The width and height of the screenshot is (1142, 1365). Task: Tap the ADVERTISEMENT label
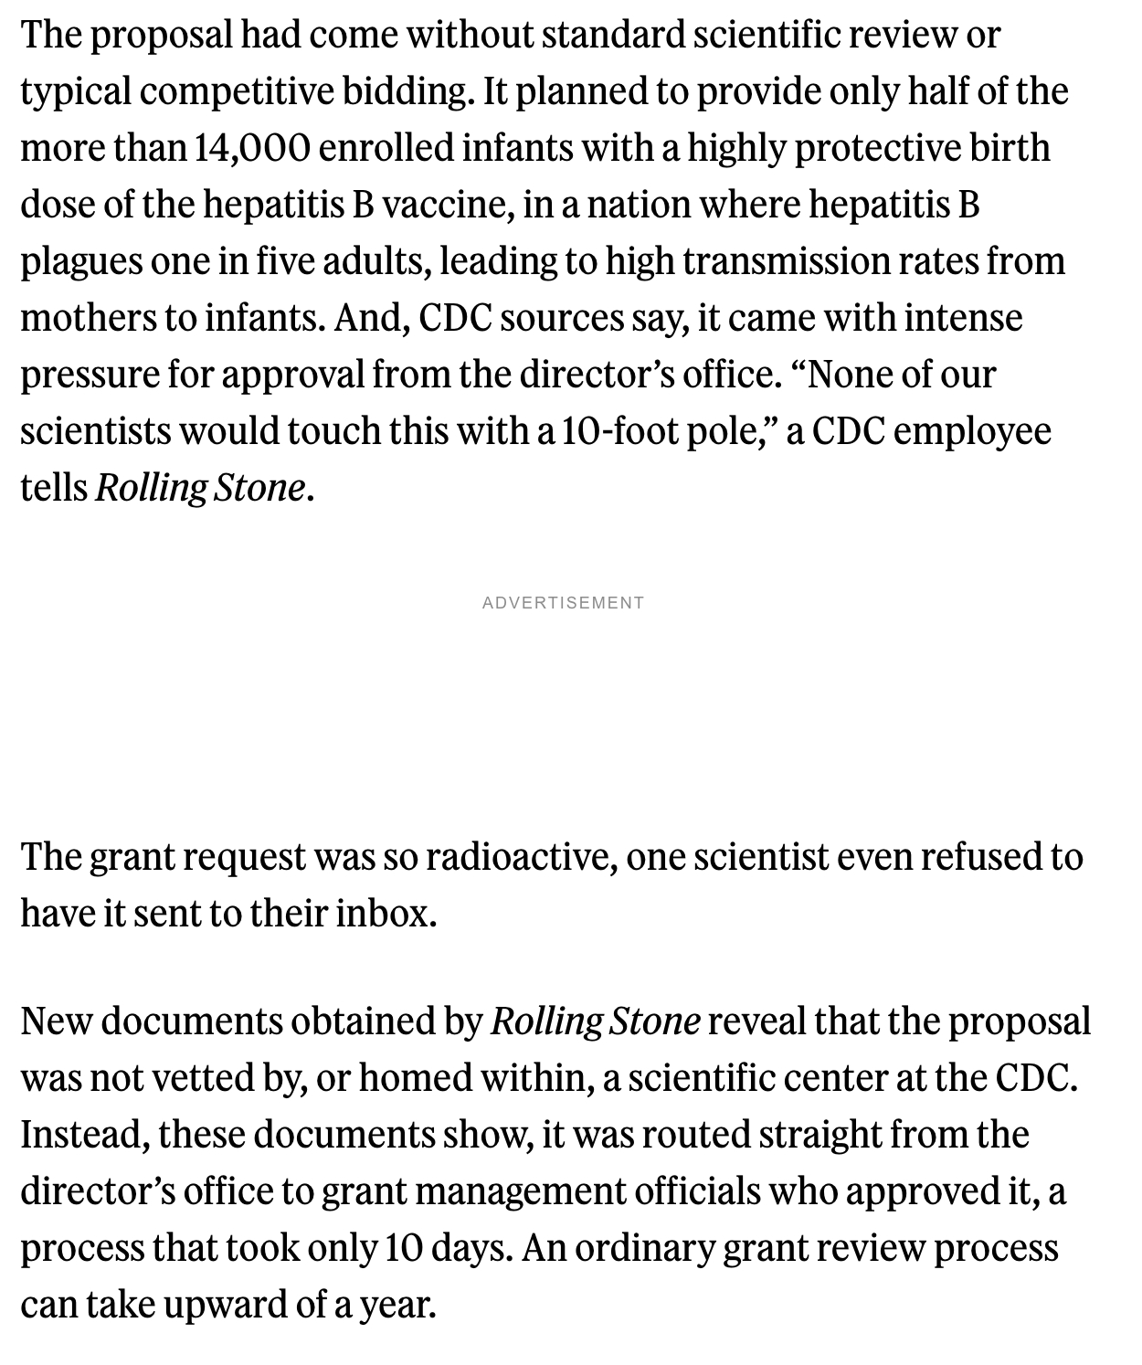563,603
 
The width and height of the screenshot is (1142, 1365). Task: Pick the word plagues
80,261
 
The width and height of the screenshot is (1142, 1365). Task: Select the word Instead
83,1135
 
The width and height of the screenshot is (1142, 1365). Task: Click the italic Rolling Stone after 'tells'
199,488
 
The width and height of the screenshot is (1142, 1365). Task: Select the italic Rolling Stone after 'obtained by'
596,1021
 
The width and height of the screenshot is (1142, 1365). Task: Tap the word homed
413,1078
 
